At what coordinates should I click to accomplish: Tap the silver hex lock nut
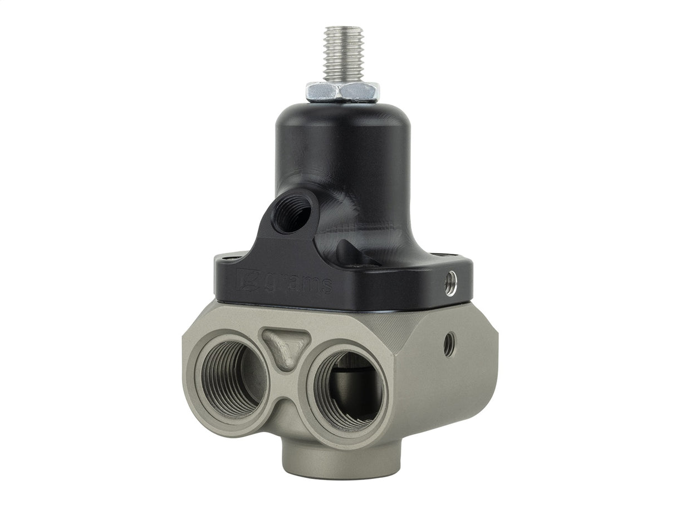[x=342, y=91]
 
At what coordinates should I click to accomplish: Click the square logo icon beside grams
[x=246, y=280]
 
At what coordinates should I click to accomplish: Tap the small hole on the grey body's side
[x=449, y=344]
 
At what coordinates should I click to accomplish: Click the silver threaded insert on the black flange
[x=451, y=283]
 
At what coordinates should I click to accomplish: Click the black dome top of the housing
[x=342, y=120]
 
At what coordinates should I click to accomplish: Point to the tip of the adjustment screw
[x=343, y=28]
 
